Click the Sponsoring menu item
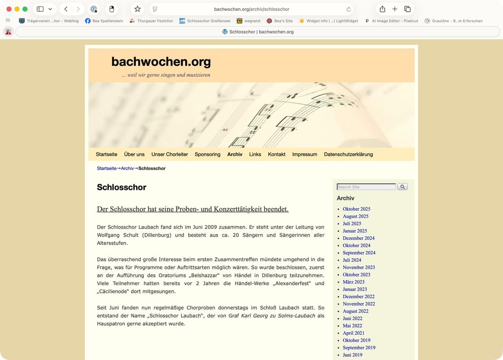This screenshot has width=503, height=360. (x=207, y=154)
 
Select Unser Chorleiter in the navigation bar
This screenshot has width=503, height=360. (x=170, y=154)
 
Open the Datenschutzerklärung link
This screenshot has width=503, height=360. (x=348, y=154)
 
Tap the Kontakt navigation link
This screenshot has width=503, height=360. (x=277, y=154)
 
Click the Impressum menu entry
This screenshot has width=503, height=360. (x=305, y=154)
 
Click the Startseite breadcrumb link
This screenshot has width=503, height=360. (x=106, y=168)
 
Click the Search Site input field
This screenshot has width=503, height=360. (x=366, y=187)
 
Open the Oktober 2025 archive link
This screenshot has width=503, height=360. (x=356, y=209)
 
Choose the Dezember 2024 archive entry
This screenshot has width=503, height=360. (x=358, y=238)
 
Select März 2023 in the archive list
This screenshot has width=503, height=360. (x=353, y=282)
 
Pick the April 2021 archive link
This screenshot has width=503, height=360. (x=353, y=333)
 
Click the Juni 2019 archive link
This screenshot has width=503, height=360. (x=352, y=355)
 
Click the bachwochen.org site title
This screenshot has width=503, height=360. (x=161, y=62)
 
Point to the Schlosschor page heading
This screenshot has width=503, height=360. (x=122, y=187)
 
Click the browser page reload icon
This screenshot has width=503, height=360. (x=348, y=9)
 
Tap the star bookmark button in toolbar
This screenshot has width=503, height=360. (x=137, y=9)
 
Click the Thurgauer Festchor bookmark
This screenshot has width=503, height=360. (x=151, y=21)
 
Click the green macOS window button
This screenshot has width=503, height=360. (x=25, y=9)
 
